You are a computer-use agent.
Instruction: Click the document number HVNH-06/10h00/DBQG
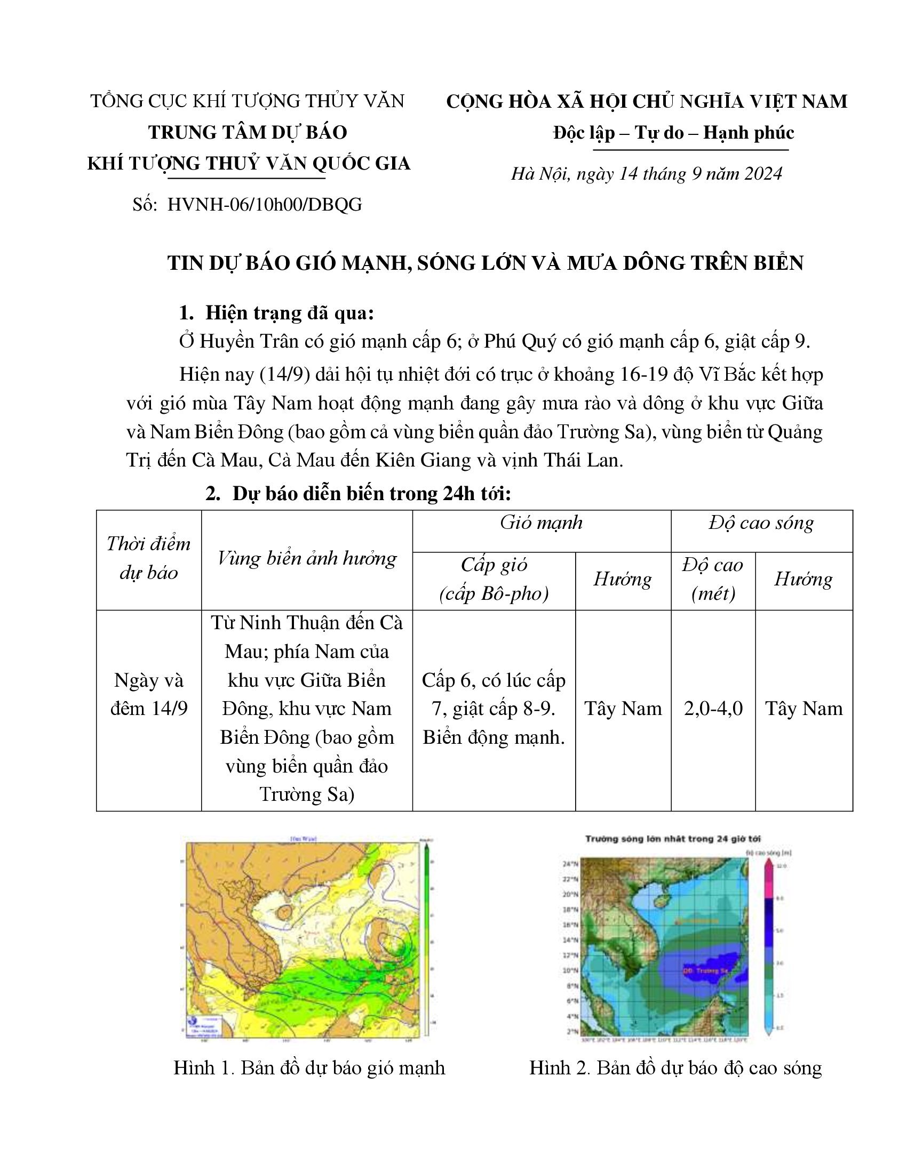click(x=264, y=205)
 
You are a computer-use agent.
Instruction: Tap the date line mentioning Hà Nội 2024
click(x=647, y=174)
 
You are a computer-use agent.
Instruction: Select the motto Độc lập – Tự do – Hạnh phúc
click(x=673, y=133)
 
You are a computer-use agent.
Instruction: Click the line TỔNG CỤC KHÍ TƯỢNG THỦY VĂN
click(x=247, y=101)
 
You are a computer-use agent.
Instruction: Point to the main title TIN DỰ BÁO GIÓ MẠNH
click(x=485, y=263)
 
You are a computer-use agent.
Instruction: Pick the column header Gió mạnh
click(x=541, y=523)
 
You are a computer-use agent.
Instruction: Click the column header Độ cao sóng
click(x=761, y=523)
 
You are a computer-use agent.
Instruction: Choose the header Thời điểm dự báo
click(x=148, y=558)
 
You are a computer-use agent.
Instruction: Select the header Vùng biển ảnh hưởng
click(x=307, y=559)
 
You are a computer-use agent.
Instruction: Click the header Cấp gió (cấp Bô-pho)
click(x=494, y=579)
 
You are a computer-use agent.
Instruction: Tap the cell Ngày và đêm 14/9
click(x=149, y=694)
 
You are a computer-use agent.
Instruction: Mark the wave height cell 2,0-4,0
click(x=713, y=709)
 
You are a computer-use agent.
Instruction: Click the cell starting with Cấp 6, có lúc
click(x=494, y=709)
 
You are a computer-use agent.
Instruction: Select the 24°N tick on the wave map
click(x=570, y=864)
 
